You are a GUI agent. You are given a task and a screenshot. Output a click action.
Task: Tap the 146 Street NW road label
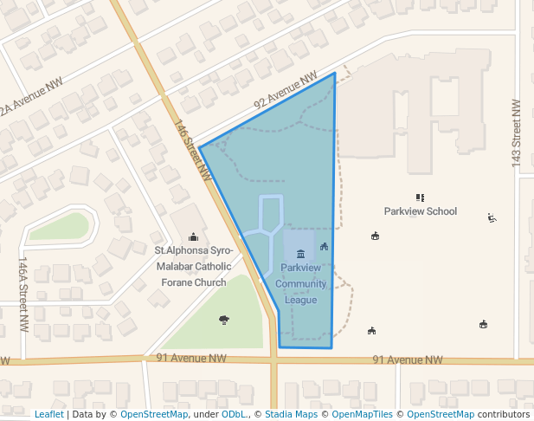click(x=195, y=150)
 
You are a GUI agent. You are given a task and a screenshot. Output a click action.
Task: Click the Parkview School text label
click(x=421, y=211)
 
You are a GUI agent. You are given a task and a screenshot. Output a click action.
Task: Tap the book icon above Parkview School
click(x=420, y=198)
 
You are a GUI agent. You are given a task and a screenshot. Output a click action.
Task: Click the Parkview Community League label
click(x=301, y=283)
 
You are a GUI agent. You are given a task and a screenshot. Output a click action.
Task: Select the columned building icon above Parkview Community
click(x=300, y=254)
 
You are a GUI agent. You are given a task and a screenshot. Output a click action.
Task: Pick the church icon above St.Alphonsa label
click(x=193, y=236)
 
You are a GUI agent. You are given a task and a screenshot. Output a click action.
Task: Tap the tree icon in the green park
click(x=224, y=320)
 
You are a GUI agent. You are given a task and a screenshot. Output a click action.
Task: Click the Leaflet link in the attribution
click(x=48, y=414)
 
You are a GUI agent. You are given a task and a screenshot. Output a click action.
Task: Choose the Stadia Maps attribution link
click(x=290, y=414)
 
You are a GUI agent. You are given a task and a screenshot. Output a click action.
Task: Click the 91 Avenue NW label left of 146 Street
click(x=191, y=358)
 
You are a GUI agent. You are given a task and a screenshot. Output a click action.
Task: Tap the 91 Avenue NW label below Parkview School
click(x=407, y=359)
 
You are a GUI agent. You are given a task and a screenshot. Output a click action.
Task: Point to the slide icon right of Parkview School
click(x=492, y=218)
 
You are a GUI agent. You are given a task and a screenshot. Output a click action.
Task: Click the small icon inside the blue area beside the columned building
click(x=324, y=247)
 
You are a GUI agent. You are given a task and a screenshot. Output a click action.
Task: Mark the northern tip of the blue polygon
click(x=334, y=74)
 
